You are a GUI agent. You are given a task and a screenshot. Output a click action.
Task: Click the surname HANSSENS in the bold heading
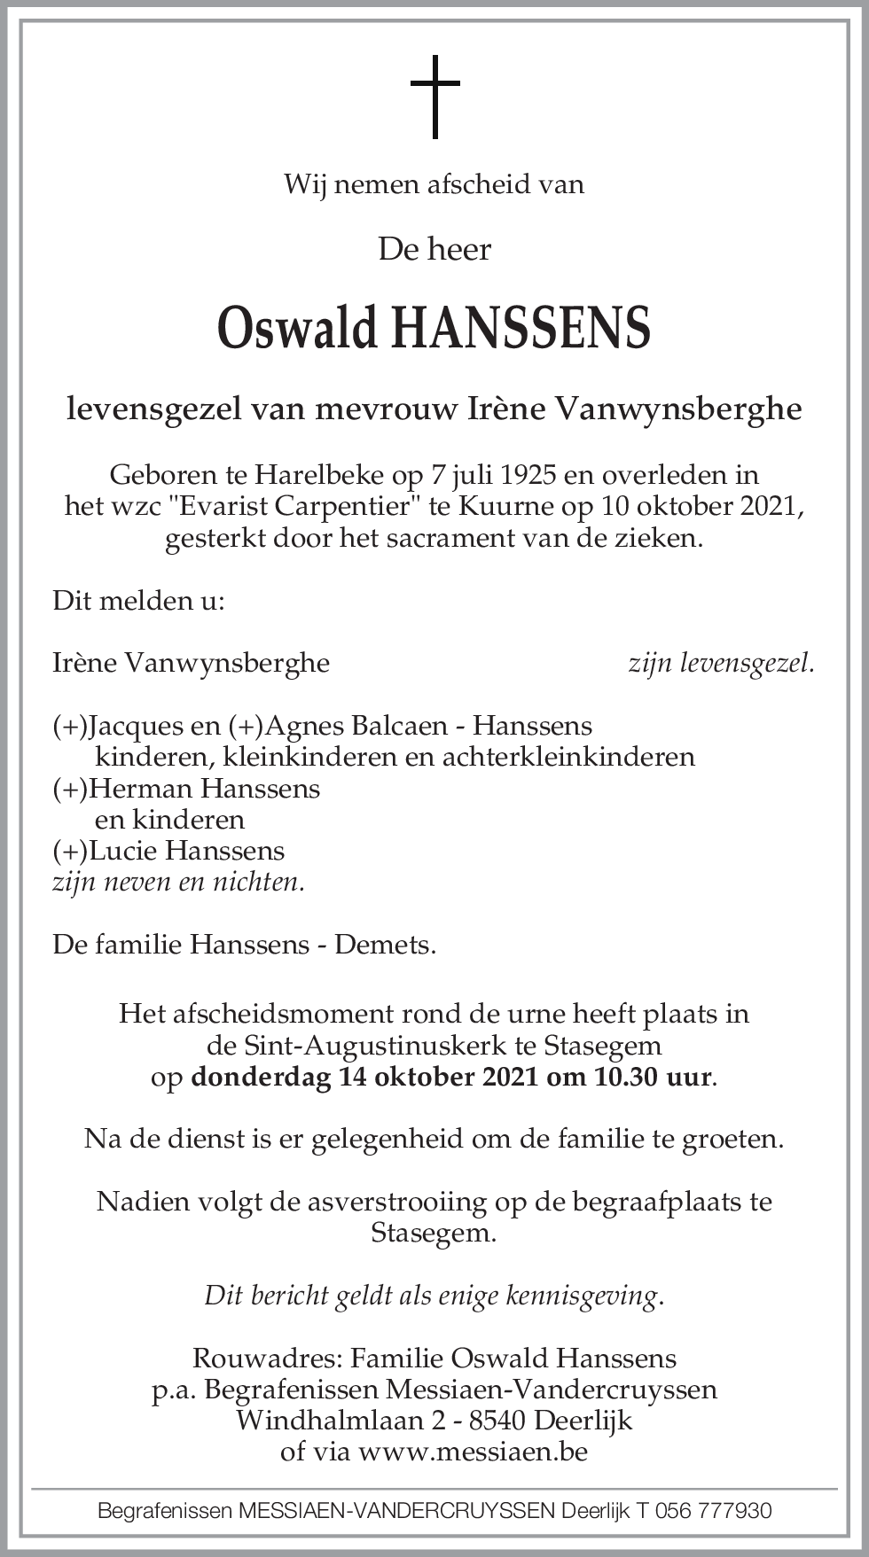pos(521,329)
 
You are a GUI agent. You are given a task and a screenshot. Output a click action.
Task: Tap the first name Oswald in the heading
pos(298,329)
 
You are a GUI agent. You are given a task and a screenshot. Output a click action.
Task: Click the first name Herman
pos(142,788)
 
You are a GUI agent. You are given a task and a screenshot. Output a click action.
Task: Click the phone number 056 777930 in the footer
pos(713,1511)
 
